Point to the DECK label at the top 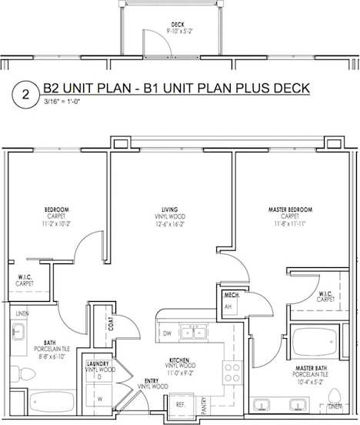(178, 25)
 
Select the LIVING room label (170, 209)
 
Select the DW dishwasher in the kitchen (167, 333)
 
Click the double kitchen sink (193, 333)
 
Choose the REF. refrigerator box (182, 403)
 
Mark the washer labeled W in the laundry (100, 399)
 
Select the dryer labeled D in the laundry (100, 376)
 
